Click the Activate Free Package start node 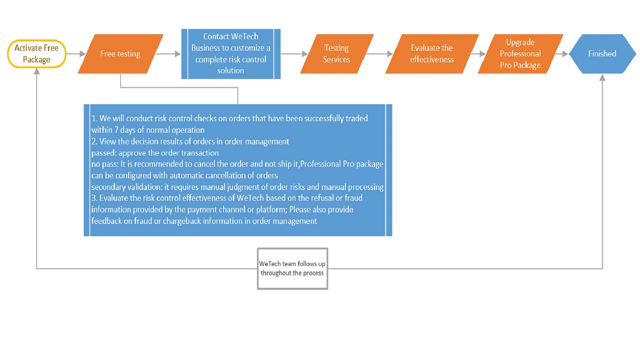coord(36,54)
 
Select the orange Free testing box coord(120,54)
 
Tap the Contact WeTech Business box coord(230,54)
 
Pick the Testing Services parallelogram coord(336,54)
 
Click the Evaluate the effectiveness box coord(432,54)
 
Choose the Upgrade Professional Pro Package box coord(520,54)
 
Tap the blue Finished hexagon coord(602,54)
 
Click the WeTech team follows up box coord(292,268)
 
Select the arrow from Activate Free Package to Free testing coord(75,54)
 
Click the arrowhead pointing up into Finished coord(602,78)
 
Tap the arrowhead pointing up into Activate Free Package coord(36,72)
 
